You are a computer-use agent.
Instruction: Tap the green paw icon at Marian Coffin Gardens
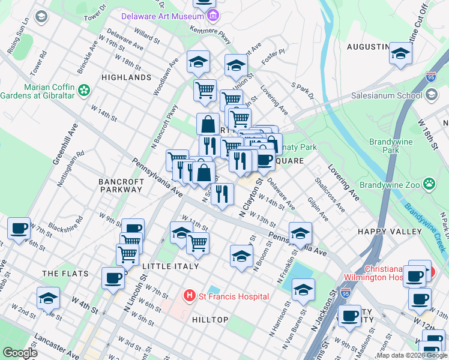84,90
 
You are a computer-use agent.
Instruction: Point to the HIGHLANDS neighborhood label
126,77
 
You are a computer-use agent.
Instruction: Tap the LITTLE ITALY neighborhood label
166,266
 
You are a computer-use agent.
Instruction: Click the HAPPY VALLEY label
388,232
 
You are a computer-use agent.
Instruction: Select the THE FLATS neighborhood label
65,274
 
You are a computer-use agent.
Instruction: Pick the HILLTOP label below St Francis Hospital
210,320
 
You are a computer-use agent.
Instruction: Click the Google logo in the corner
20,353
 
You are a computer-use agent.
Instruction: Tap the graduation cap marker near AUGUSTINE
400,53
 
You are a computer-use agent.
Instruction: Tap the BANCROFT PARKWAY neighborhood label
121,185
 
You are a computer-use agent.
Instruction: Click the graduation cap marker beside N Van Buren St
304,290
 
